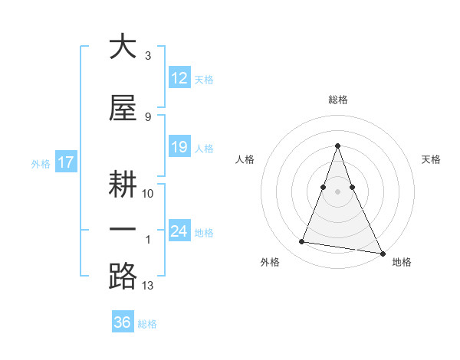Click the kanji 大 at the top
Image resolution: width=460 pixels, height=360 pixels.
123,47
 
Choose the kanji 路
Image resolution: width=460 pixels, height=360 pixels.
123,276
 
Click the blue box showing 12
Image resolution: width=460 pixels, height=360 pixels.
179,77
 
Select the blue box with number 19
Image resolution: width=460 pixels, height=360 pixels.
179,147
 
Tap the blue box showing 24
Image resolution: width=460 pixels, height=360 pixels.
179,231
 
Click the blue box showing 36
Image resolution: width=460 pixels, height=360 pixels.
122,322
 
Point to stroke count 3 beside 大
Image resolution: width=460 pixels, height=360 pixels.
148,56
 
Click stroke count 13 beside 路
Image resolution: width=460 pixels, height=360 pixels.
148,286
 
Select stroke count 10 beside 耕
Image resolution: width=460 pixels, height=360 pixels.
148,193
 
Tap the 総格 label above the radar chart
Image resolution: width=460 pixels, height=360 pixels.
338,100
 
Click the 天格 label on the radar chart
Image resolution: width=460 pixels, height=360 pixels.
431,159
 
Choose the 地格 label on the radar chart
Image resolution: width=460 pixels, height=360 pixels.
402,262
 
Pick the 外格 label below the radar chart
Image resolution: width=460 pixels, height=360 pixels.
270,262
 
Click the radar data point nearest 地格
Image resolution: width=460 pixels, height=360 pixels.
382,253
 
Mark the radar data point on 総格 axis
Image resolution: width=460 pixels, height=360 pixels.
337,146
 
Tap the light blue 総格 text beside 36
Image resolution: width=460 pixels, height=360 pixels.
147,324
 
